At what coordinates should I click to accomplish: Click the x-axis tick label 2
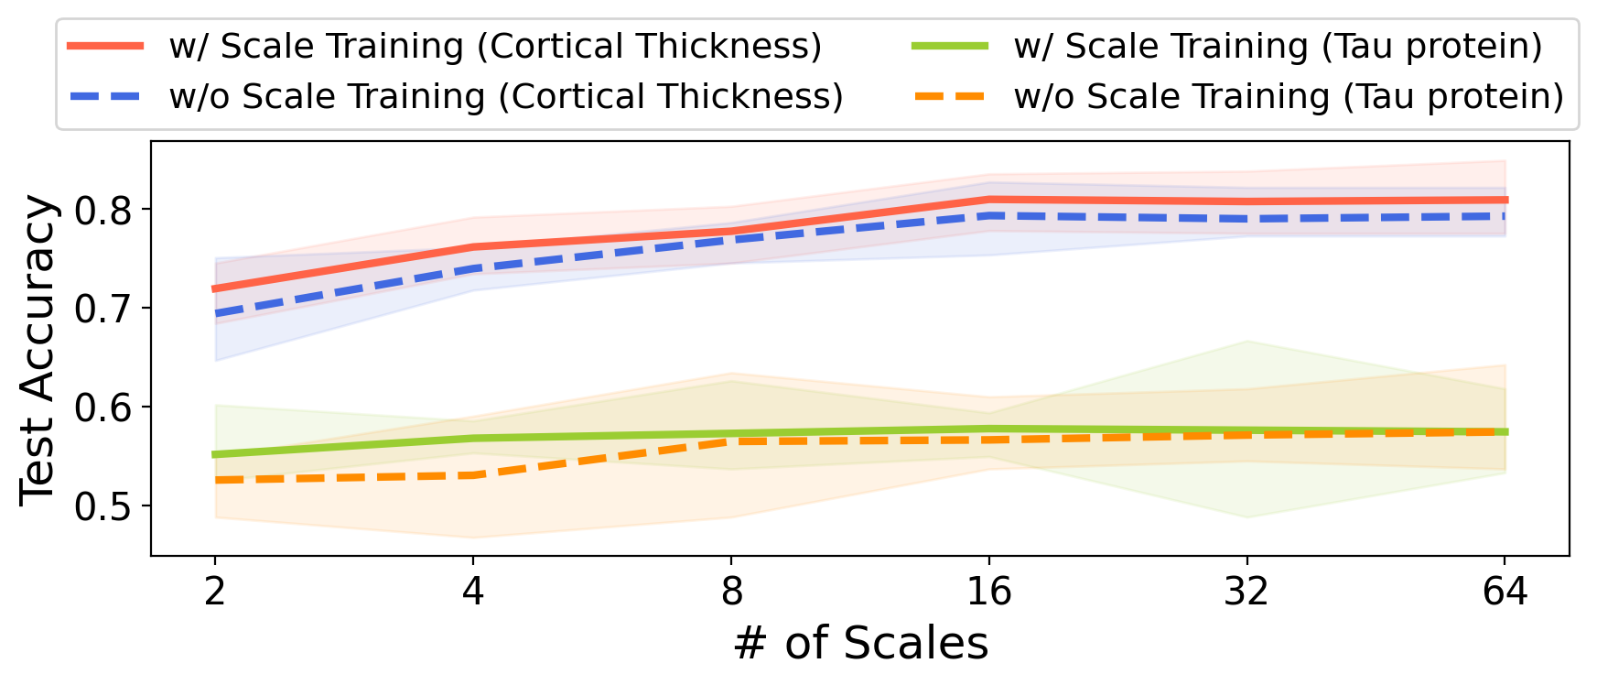point(215,593)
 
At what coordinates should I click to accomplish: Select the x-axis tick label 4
point(472,593)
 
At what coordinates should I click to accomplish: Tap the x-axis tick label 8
point(731,593)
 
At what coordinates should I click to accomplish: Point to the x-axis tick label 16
point(988,593)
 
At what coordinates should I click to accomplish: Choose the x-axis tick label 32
point(1246,593)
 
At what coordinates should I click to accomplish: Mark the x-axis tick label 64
point(1505,593)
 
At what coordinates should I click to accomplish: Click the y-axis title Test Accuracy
point(38,349)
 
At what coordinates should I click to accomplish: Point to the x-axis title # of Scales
point(860,644)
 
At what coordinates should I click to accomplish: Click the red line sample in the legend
point(106,46)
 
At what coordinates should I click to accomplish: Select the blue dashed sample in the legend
point(106,96)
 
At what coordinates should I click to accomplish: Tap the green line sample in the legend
point(950,46)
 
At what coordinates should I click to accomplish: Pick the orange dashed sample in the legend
point(950,96)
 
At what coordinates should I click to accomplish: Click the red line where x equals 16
point(988,199)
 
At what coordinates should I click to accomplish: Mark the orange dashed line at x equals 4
point(472,475)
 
